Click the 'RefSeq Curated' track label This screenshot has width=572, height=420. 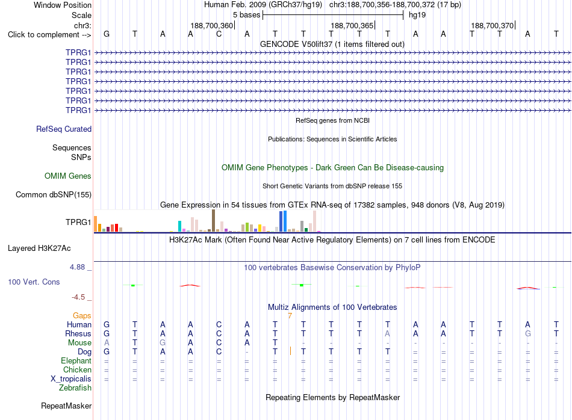point(64,129)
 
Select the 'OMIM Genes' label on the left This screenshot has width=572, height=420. point(68,176)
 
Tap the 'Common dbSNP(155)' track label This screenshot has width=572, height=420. point(54,195)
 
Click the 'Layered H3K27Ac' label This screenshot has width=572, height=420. point(39,249)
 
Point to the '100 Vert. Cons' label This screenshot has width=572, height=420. point(34,282)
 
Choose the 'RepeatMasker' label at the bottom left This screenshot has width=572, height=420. point(66,406)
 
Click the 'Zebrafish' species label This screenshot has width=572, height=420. point(75,388)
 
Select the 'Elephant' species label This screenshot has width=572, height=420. point(76,360)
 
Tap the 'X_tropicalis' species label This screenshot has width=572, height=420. point(71,379)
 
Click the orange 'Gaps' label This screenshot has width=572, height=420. point(82,316)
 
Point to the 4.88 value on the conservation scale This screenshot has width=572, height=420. point(77,267)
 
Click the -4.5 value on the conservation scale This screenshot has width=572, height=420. point(78,297)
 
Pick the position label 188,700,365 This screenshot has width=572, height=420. point(352,26)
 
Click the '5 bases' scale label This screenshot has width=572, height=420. point(247,15)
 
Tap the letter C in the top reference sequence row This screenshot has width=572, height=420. point(219,34)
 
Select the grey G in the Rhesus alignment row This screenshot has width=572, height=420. point(528,333)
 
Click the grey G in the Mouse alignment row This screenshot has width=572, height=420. point(163,343)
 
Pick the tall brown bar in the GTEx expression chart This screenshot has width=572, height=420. point(213,221)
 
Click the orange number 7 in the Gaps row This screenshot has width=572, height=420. point(290,316)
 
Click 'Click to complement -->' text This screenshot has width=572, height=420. point(49,35)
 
